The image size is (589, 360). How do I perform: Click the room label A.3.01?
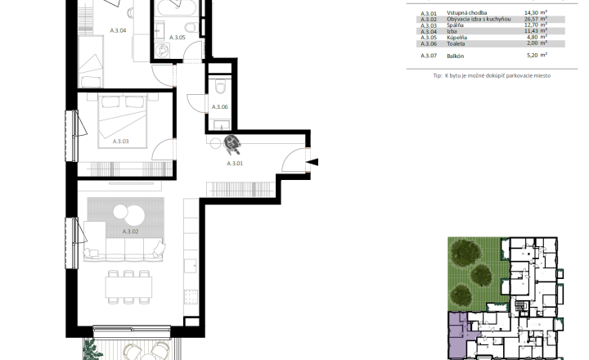coord(235,164)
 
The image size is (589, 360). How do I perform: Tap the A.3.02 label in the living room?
coord(130,232)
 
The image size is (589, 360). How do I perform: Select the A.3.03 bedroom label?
coord(120,142)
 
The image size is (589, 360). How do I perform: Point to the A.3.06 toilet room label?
coord(220,106)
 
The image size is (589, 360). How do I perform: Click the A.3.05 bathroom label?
coord(178,38)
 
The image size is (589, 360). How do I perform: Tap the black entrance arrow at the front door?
coord(312,162)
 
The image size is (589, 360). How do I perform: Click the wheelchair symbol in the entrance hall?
coord(232,145)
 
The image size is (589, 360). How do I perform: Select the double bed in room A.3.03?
coord(122,120)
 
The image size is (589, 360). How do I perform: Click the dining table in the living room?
coord(129,287)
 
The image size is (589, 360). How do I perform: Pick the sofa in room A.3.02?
coord(124,250)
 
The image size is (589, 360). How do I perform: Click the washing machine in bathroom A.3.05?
coord(163,50)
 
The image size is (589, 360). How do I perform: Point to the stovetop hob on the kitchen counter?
coord(191,296)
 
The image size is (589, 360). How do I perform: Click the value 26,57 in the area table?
coord(531,19)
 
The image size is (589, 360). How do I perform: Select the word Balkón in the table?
coord(456,56)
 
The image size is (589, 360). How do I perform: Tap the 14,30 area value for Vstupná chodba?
coord(531,12)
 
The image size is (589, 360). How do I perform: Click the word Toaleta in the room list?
coord(456,43)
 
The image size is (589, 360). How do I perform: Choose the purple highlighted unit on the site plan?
coord(457,335)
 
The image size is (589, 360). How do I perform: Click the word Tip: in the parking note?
coord(438,75)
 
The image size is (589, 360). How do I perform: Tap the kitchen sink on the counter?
coord(191,265)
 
